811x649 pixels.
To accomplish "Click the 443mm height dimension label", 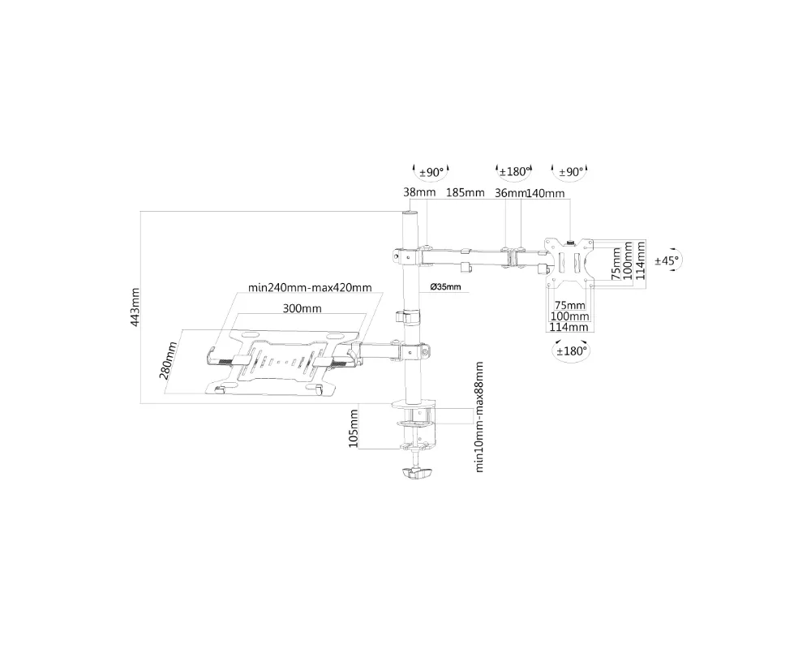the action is (x=135, y=307).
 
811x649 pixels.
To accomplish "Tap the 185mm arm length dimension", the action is (x=465, y=192).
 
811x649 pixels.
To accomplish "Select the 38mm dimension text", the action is (x=419, y=192).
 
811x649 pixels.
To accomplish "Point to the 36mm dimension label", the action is (x=510, y=193).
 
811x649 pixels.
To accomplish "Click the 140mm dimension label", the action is (x=545, y=193).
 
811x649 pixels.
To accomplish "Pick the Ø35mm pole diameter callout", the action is (x=445, y=286).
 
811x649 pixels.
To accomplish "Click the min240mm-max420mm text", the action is (x=310, y=287).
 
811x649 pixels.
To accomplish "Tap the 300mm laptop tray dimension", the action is (x=302, y=308).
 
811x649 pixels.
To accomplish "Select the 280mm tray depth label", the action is (x=168, y=360).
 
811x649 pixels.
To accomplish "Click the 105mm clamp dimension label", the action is (x=354, y=428).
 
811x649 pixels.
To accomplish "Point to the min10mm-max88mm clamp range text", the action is (x=479, y=417).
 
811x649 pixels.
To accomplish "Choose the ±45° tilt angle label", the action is (x=666, y=260).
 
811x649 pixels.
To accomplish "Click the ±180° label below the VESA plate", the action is (x=572, y=351).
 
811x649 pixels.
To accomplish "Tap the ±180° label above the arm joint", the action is (x=514, y=171).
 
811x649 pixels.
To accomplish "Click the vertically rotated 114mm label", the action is (x=641, y=261).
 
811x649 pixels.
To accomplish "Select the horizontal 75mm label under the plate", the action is (x=569, y=305).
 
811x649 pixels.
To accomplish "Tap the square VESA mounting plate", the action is (x=569, y=262).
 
